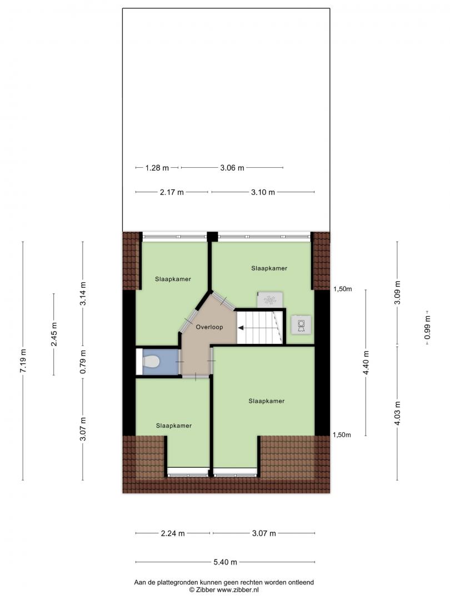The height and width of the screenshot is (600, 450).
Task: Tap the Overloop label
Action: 209,327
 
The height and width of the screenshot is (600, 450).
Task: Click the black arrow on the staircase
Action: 242,328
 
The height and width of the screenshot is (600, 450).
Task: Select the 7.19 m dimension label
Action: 23,361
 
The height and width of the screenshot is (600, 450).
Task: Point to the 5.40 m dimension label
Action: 225,562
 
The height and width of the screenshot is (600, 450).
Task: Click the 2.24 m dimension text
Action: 173,533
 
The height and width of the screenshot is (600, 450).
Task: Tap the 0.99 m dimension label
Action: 428,328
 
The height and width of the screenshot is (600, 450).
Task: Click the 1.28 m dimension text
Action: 157,168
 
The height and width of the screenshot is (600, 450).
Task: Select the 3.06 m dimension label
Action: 232,168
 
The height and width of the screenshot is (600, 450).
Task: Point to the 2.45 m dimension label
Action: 54,334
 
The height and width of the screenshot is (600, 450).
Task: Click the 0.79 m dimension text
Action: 83,362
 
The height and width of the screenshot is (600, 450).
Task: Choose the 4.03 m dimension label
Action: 397,413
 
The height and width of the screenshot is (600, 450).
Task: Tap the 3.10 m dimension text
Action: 263,192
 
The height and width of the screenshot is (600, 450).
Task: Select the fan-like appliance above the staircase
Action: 271,299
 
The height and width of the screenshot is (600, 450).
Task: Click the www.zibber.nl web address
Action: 238,589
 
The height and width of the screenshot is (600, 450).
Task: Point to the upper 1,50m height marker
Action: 342,289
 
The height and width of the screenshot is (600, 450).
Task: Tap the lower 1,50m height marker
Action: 342,434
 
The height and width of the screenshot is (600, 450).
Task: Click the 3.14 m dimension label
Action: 83,293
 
